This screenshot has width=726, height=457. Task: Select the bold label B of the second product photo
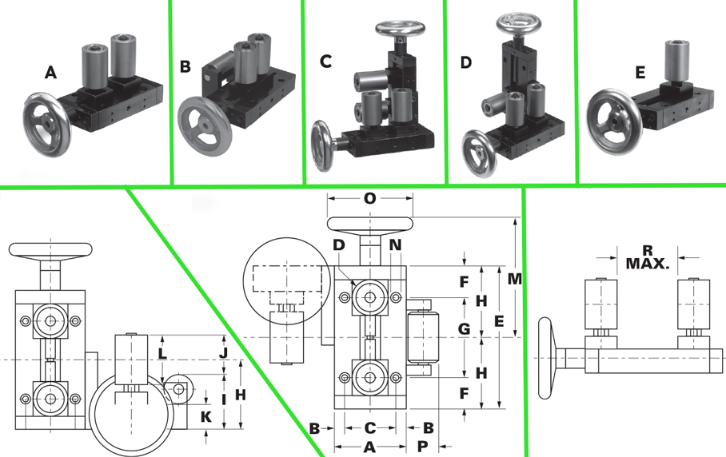[185, 66]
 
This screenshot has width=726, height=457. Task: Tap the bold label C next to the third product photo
[325, 62]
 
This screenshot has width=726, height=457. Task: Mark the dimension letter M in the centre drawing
[515, 279]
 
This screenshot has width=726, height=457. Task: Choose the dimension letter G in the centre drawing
[464, 328]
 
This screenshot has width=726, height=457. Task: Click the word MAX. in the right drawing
[648, 263]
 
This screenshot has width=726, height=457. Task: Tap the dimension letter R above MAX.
[647, 249]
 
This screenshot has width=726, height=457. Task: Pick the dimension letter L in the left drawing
[162, 353]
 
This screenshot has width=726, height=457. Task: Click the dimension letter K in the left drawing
[205, 416]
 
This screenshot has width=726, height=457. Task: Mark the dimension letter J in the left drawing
[223, 352]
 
